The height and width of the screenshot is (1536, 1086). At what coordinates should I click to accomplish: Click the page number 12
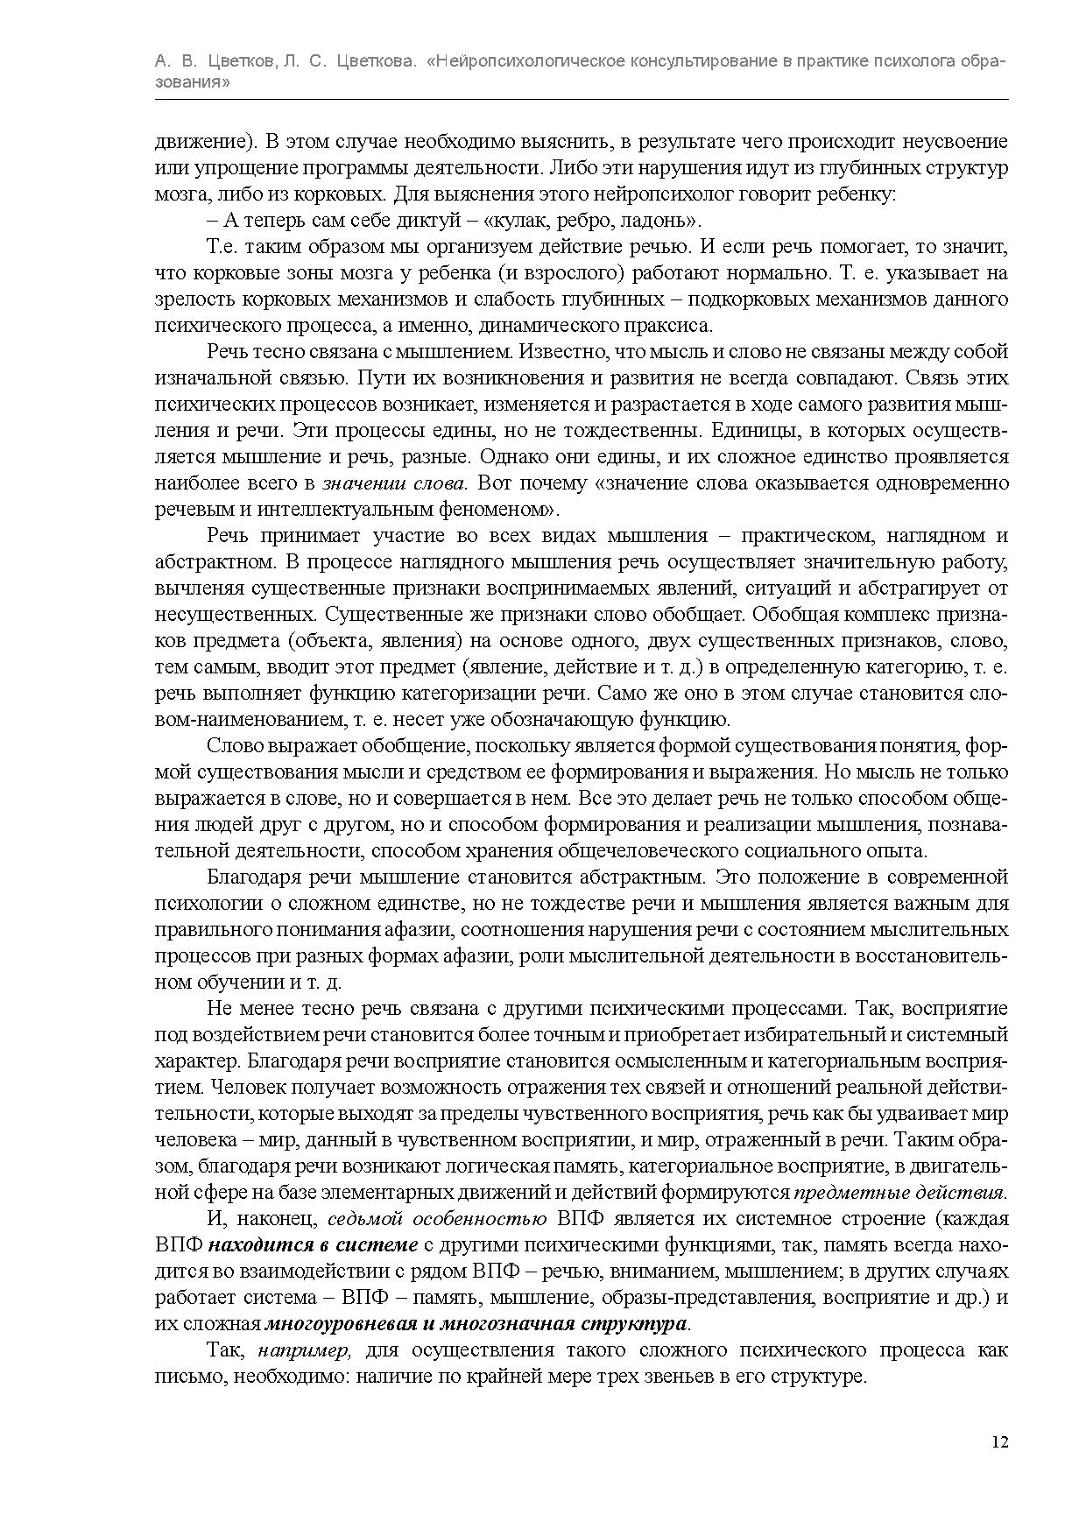pyautogui.click(x=1000, y=1442)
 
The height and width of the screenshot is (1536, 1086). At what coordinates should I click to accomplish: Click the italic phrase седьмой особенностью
pyautogui.click(x=436, y=1219)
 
